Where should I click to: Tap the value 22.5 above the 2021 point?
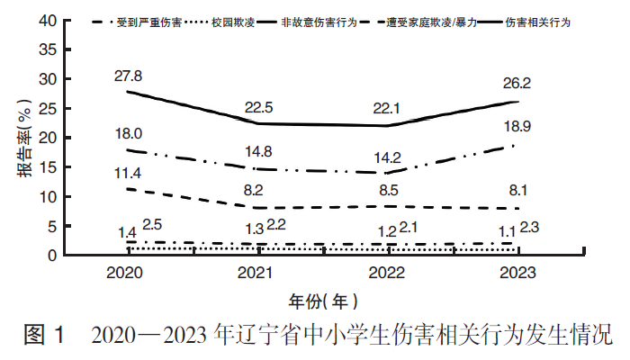(x=260, y=107)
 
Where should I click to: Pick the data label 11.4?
(x=129, y=172)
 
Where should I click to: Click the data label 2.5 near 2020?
(x=152, y=225)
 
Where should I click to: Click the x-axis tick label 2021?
(x=260, y=273)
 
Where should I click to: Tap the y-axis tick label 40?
(x=48, y=21)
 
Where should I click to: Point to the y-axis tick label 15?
(x=48, y=167)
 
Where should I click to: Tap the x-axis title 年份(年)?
(x=326, y=300)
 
